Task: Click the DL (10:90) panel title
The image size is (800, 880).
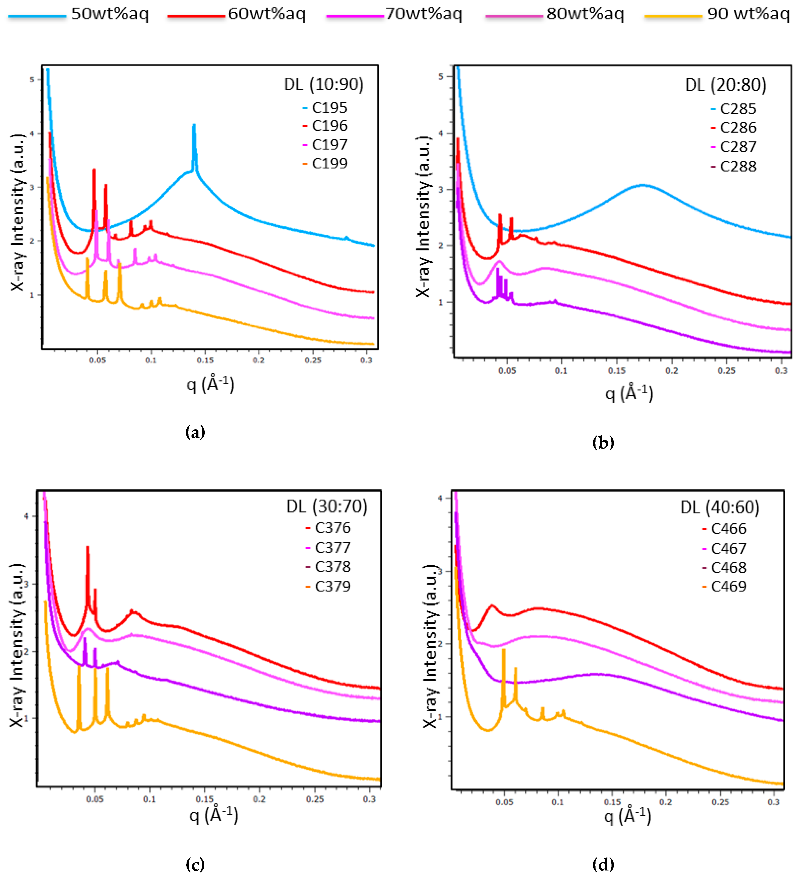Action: pos(324,84)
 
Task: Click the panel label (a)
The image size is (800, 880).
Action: pos(195,433)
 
